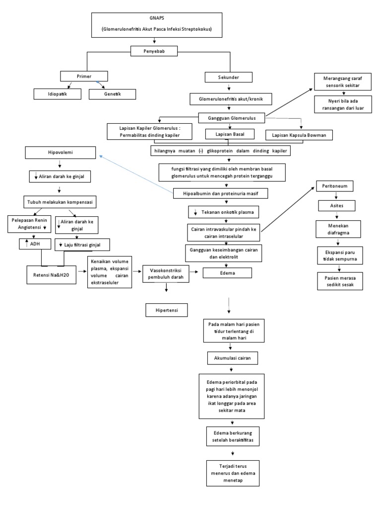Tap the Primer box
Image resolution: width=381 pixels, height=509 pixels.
(x=83, y=76)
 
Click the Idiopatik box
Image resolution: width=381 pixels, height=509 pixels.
(x=57, y=93)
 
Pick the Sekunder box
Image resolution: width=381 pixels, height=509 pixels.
(x=229, y=77)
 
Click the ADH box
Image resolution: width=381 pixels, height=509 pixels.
(x=32, y=244)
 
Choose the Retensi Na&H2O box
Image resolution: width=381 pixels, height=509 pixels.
(x=52, y=274)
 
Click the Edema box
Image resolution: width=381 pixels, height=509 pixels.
(x=227, y=272)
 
